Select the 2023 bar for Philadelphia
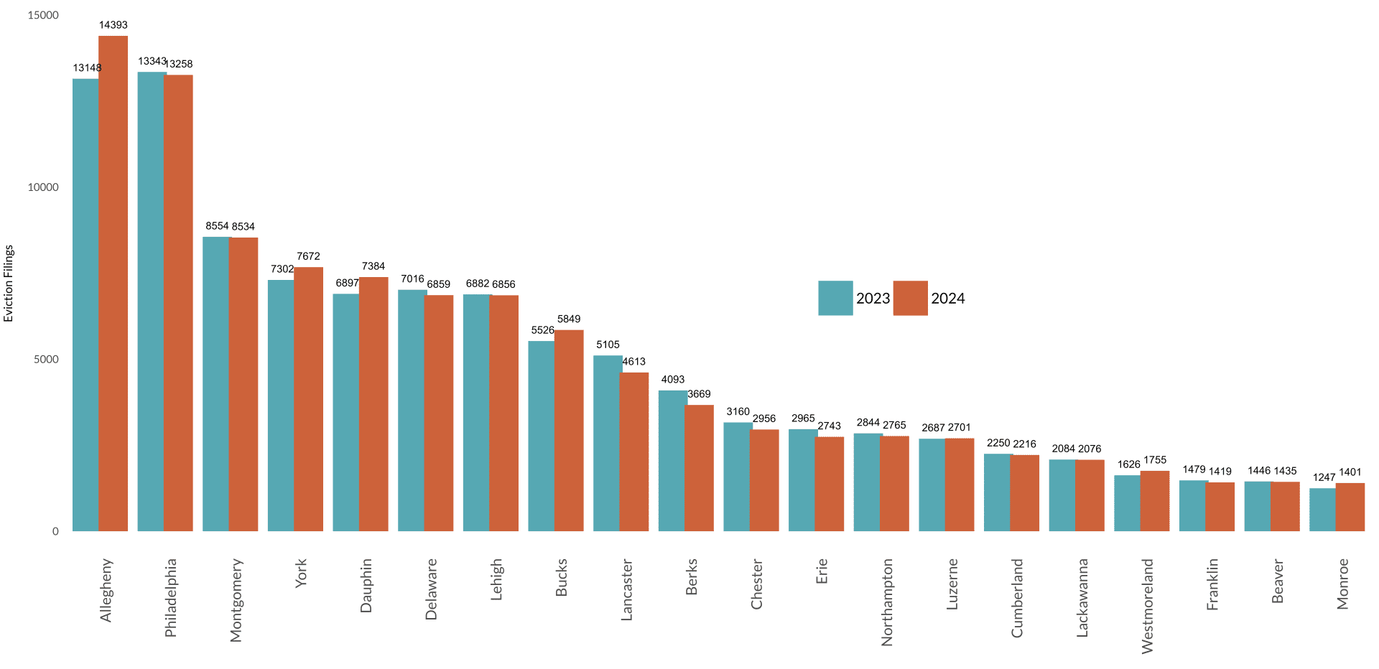[x=151, y=301]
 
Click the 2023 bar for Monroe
[x=1323, y=510]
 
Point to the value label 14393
[x=113, y=25]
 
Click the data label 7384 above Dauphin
[x=373, y=266]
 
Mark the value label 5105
[x=608, y=345]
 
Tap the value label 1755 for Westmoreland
[x=1155, y=460]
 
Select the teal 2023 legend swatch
[x=835, y=298]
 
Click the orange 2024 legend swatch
[x=910, y=298]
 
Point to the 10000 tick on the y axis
[x=43, y=187]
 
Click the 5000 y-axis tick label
[x=46, y=360]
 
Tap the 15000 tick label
[x=43, y=16]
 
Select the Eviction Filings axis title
[x=9, y=284]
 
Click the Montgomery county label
[x=236, y=600]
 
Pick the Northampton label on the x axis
[x=887, y=602]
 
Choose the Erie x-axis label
[x=822, y=571]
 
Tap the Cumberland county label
[x=1017, y=598]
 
